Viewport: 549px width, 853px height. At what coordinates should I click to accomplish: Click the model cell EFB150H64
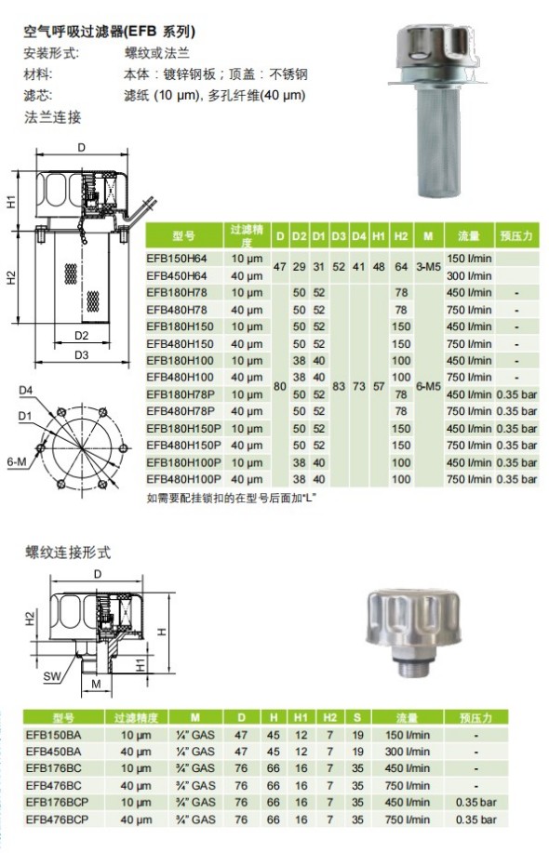176,259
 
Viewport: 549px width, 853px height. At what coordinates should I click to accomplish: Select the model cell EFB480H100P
183,479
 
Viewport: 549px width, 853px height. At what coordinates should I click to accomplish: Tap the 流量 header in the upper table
469,236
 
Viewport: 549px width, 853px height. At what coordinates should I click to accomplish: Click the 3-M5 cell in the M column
428,267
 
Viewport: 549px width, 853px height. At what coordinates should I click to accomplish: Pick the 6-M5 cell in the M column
428,386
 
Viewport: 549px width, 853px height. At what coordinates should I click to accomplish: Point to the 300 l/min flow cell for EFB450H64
469,276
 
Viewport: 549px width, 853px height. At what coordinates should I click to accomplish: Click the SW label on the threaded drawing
52,677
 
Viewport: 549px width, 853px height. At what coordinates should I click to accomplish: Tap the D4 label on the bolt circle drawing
25,390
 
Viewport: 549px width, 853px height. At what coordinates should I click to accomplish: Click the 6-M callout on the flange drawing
17,462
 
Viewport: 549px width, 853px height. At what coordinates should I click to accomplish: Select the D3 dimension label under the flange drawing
81,354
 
